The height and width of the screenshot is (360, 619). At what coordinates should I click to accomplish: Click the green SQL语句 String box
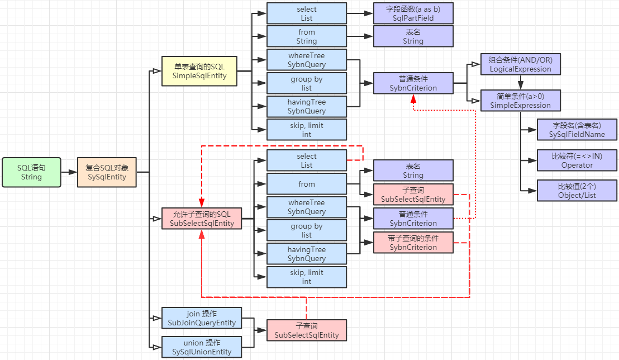[31, 172]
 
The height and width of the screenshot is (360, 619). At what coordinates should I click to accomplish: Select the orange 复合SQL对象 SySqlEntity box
[107, 172]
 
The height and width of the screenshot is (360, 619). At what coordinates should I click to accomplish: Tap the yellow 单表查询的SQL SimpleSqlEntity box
[199, 71]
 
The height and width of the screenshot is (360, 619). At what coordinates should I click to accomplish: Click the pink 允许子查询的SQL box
[202, 218]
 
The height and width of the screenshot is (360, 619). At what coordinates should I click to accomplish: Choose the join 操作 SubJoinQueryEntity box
[202, 318]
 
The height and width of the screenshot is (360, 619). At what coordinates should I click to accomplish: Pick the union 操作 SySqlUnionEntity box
[202, 347]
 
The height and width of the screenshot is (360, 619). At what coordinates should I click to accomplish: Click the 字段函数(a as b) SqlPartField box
[413, 13]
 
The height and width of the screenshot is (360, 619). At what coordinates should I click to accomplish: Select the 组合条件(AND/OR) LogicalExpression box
[520, 64]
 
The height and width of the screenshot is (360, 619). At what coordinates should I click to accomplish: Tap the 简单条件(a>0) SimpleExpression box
[520, 101]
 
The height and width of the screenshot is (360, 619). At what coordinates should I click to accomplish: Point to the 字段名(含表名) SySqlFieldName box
[577, 130]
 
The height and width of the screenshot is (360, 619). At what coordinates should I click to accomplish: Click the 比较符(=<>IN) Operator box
[577, 160]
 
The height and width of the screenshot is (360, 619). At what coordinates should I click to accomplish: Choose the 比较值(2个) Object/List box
[577, 190]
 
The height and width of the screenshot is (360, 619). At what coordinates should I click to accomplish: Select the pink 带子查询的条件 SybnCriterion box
[413, 243]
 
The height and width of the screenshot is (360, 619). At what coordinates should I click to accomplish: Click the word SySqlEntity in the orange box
[107, 177]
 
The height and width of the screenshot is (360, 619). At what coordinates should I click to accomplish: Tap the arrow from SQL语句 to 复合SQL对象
[69, 172]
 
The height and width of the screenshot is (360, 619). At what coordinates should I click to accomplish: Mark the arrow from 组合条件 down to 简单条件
[520, 83]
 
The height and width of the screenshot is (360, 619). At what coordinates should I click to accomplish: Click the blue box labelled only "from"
[307, 184]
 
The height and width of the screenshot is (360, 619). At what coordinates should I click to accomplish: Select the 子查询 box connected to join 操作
[307, 330]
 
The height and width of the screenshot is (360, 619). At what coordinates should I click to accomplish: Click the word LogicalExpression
[520, 69]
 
